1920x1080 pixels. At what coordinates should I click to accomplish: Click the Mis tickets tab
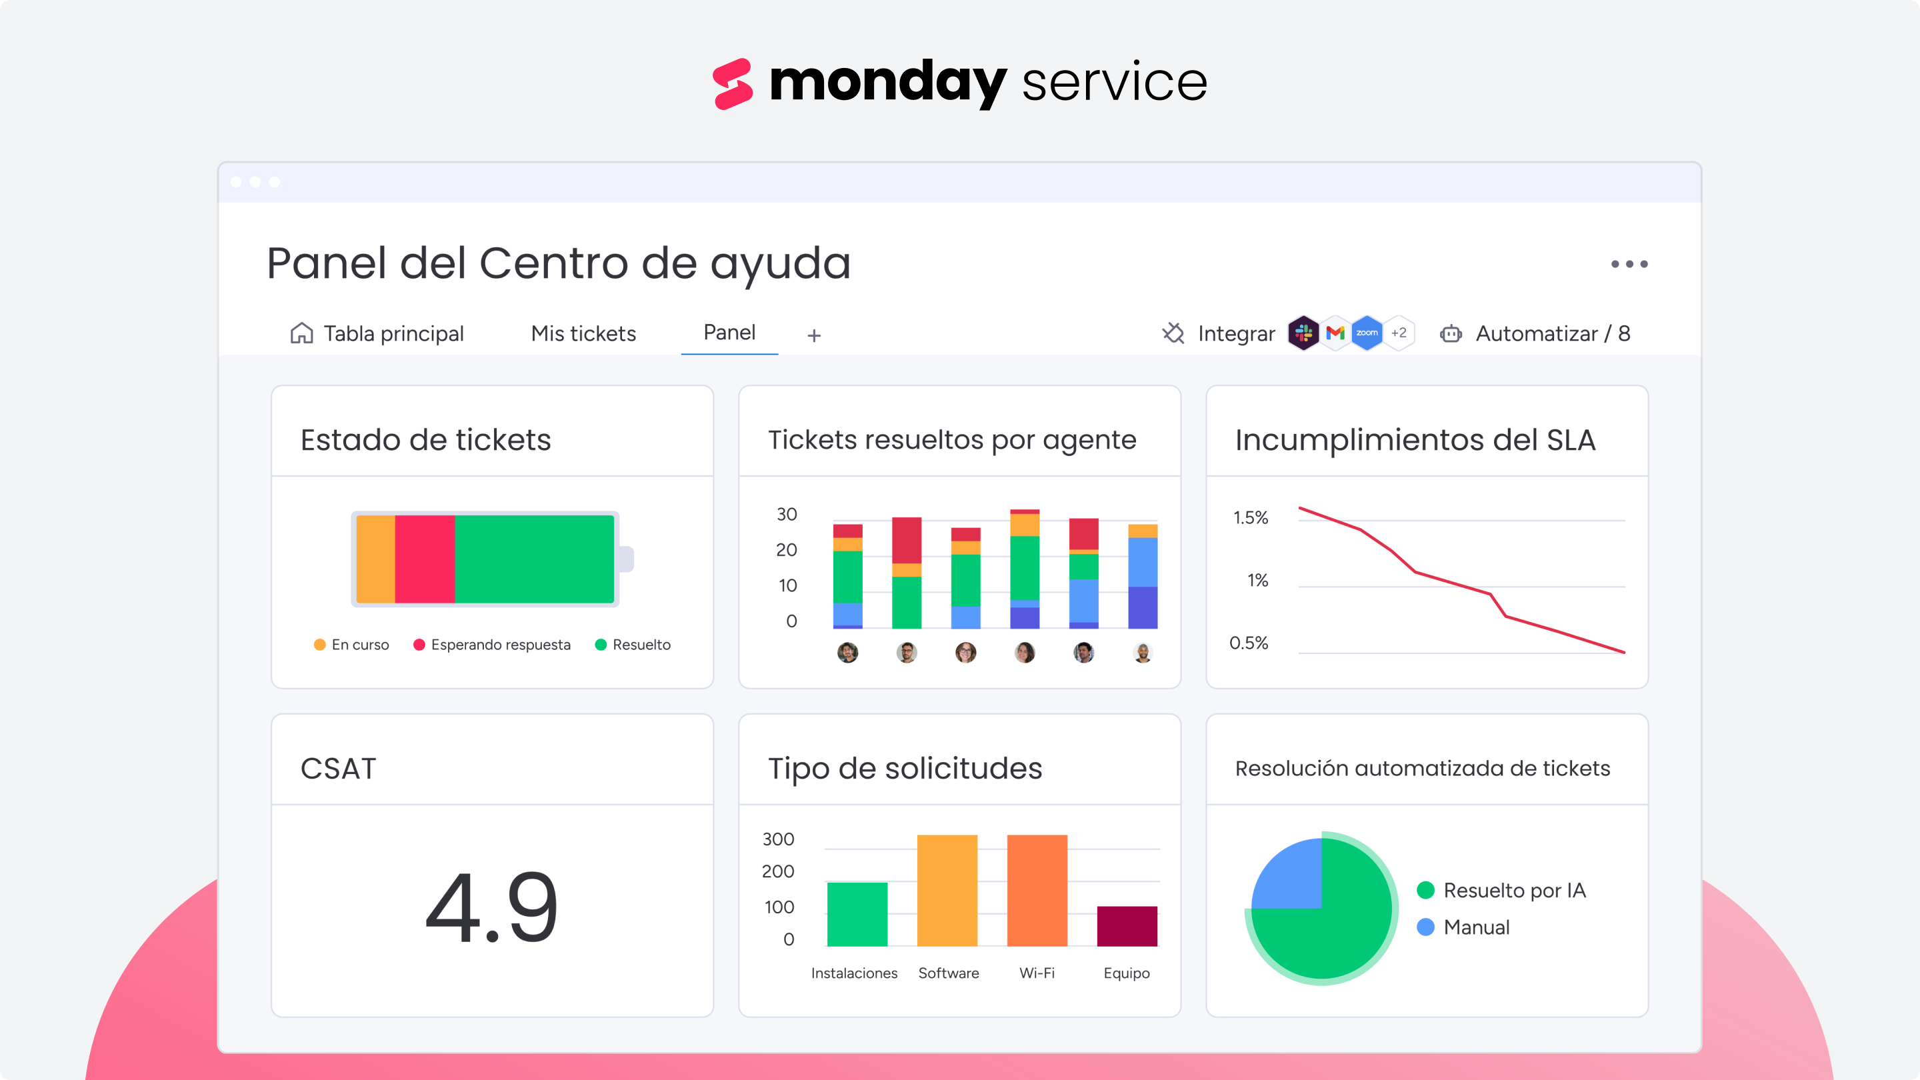tap(583, 333)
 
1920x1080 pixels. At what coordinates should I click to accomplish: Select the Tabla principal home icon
tap(301, 333)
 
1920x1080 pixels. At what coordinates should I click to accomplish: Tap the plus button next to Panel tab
tap(814, 335)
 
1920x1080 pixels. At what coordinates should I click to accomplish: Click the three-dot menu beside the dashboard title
tap(1629, 264)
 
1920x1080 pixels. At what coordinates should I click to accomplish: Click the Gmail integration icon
tap(1335, 333)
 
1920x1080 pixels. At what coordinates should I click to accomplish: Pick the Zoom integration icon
tap(1366, 333)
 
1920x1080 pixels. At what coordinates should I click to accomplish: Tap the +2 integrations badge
tap(1398, 333)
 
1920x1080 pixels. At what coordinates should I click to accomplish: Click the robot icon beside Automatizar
tap(1451, 333)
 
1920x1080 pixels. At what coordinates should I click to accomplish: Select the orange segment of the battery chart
tap(375, 559)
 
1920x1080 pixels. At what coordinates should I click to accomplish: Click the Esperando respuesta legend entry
tap(493, 645)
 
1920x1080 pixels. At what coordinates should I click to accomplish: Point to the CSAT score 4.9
tap(492, 907)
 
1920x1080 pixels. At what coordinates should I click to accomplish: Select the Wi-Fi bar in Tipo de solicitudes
tap(1037, 890)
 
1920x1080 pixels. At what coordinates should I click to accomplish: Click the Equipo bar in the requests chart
tap(1126, 926)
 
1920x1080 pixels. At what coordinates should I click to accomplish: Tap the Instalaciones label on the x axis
tap(854, 973)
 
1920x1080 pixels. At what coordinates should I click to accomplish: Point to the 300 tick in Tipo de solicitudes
tap(778, 839)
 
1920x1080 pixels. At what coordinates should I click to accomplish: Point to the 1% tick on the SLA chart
tap(1257, 581)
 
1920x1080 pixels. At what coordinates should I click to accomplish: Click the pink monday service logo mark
tap(733, 83)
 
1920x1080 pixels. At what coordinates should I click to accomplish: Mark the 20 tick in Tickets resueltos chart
tap(787, 550)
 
